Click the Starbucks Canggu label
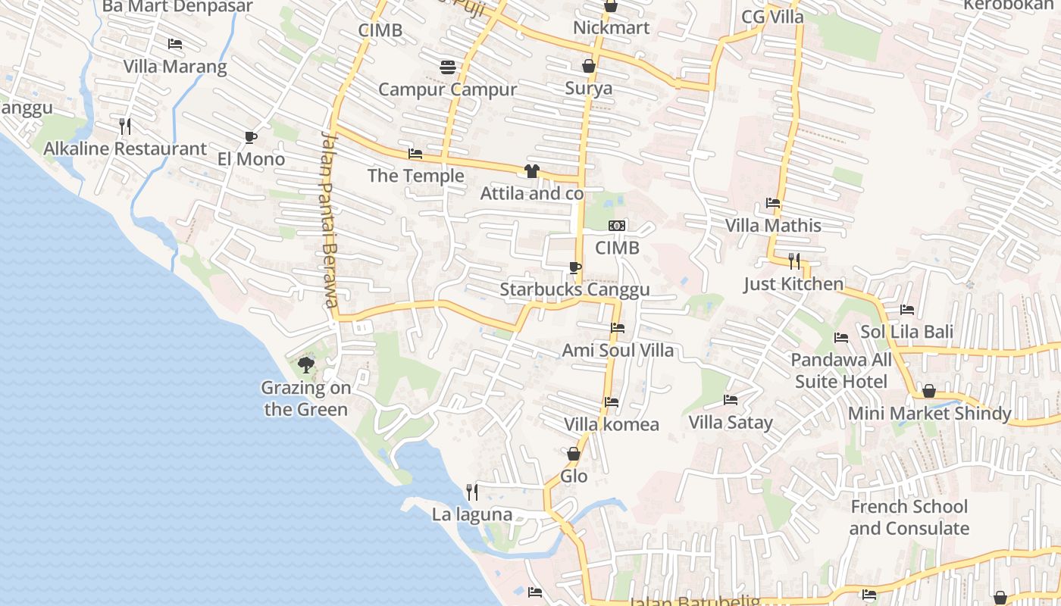pyautogui.click(x=574, y=290)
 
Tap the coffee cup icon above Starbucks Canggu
pyautogui.click(x=574, y=267)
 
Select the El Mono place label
pyautogui.click(x=251, y=159)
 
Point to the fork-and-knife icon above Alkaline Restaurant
pyautogui.click(x=125, y=126)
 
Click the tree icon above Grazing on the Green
pyautogui.click(x=306, y=366)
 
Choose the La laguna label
pyautogui.click(x=472, y=515)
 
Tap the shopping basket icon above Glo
pyautogui.click(x=574, y=454)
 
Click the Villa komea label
pyautogui.click(x=612, y=424)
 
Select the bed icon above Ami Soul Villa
pyautogui.click(x=618, y=328)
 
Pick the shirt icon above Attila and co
pyautogui.click(x=531, y=171)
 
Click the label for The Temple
pyautogui.click(x=415, y=176)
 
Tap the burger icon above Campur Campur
pyautogui.click(x=447, y=67)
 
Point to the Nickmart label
pyautogui.click(x=611, y=28)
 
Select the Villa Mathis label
pyautogui.click(x=773, y=226)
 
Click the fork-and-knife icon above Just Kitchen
pyautogui.click(x=793, y=261)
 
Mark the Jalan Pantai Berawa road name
pyautogui.click(x=328, y=220)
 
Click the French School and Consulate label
pyautogui.click(x=909, y=517)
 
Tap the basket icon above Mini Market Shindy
pyautogui.click(x=928, y=392)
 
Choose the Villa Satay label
pyautogui.click(x=731, y=423)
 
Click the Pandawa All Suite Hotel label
pyautogui.click(x=841, y=370)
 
